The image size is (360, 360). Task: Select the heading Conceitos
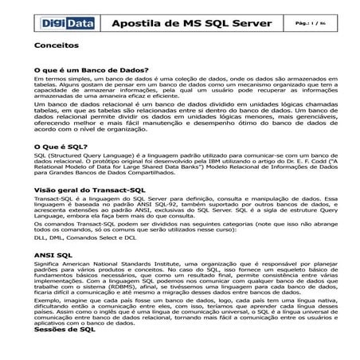(57, 47)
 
